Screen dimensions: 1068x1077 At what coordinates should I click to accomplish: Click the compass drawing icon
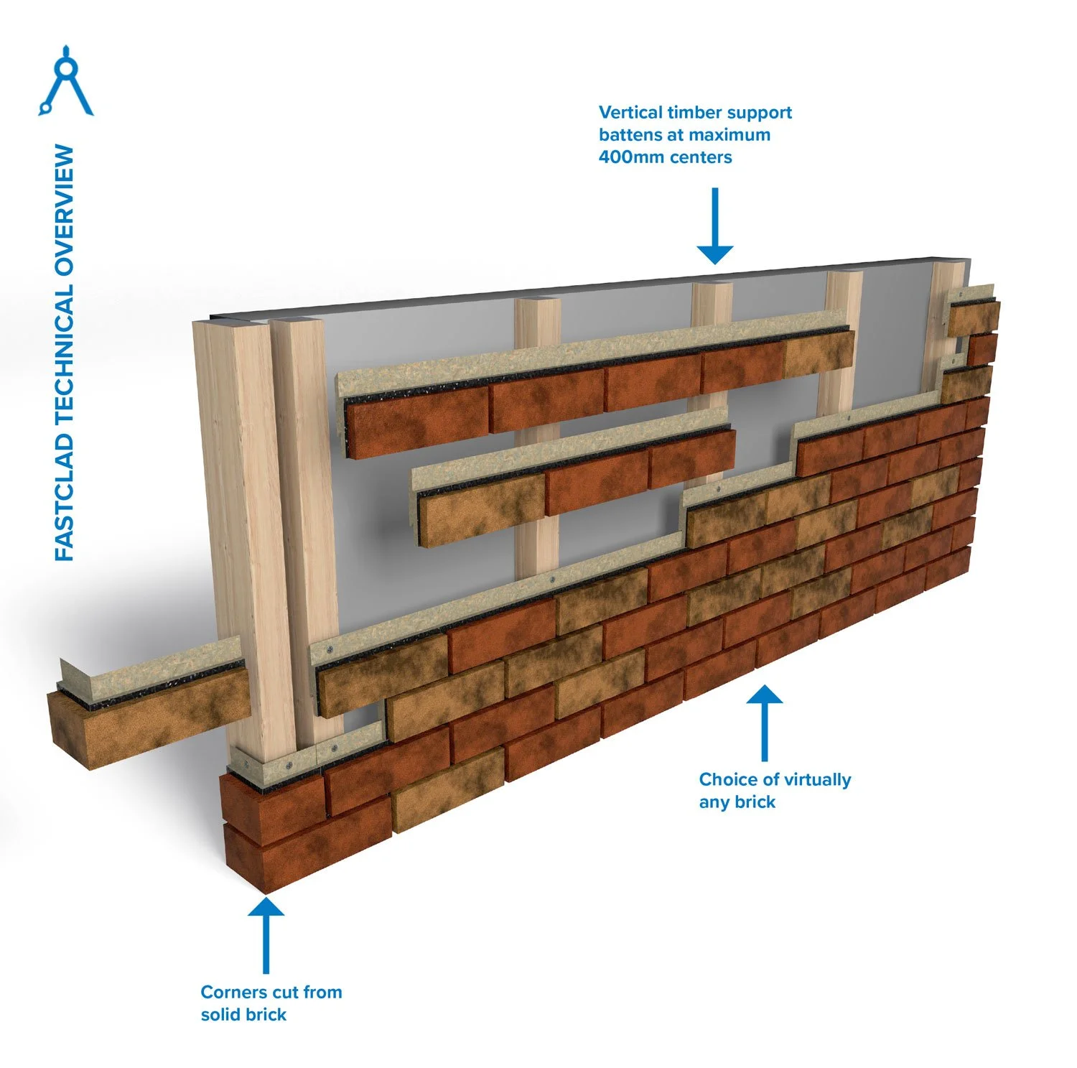point(66,80)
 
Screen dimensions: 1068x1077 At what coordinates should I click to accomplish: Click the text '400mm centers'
point(665,157)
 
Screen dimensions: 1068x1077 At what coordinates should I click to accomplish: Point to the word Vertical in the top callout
point(630,113)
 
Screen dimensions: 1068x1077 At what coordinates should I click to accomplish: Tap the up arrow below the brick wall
point(765,722)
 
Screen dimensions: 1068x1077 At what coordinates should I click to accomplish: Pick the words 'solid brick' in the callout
point(243,1015)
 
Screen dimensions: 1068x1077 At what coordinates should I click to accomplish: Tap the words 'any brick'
point(737,802)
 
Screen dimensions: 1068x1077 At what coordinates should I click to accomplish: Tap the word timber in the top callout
point(694,113)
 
